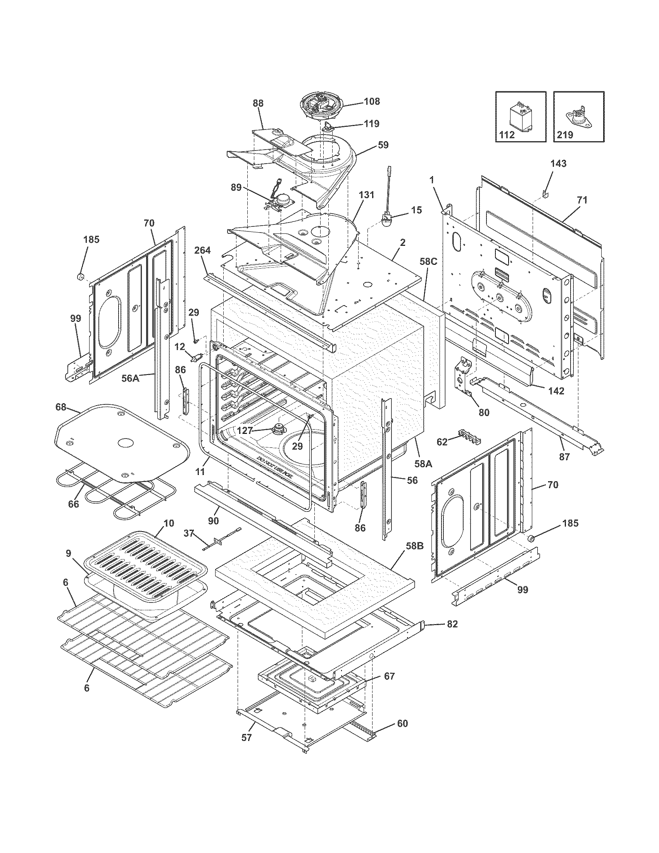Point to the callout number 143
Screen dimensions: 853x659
[558, 164]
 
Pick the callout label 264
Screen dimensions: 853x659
[202, 250]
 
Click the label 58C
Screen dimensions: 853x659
[428, 261]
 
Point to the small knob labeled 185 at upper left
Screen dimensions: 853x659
[81, 277]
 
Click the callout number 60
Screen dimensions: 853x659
[402, 723]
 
